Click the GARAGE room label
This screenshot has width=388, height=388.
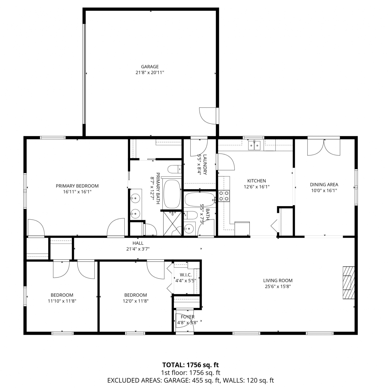(150, 67)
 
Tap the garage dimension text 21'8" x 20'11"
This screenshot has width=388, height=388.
(150, 73)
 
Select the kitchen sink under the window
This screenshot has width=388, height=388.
(254, 145)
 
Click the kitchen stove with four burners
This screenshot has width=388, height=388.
(224, 196)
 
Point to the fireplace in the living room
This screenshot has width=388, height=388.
(348, 282)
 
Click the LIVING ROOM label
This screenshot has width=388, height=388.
(278, 280)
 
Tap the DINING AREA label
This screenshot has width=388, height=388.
(324, 185)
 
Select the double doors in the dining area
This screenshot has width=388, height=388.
(324, 147)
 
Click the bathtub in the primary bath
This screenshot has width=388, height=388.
(172, 194)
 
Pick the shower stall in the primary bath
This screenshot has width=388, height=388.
(173, 223)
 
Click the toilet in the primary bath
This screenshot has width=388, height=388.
(174, 169)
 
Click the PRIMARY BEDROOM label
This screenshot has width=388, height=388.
(77, 186)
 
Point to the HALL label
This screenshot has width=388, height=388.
(138, 243)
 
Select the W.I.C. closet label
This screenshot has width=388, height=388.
(186, 275)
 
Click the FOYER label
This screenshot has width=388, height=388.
(188, 317)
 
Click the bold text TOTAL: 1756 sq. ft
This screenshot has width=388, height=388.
(190, 365)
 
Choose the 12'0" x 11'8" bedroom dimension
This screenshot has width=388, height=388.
(136, 301)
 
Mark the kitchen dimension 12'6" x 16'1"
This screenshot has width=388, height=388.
(257, 187)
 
